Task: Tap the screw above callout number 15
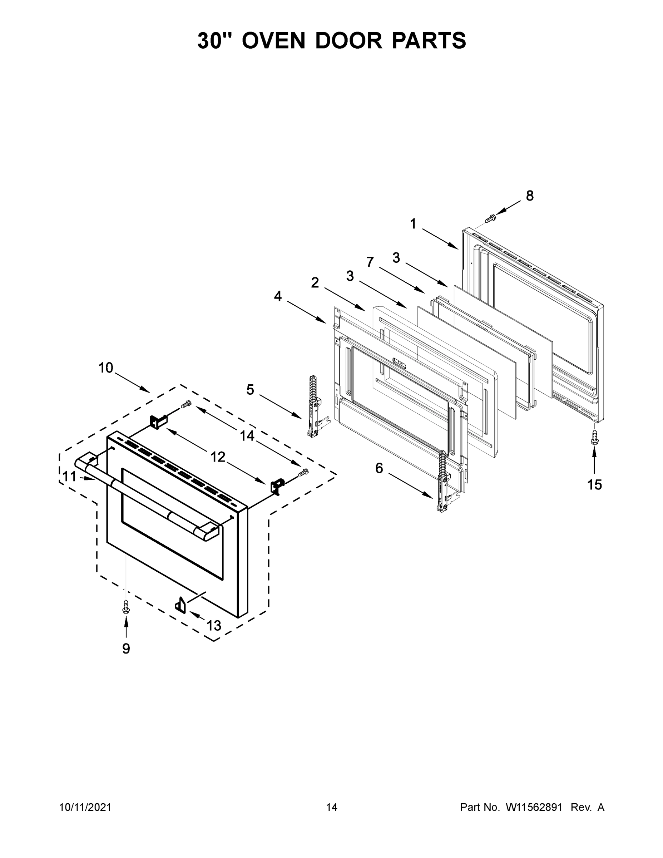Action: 594,438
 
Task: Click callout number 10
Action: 106,368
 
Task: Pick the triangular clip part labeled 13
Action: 180,604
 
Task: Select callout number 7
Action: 370,262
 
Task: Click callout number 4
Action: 278,296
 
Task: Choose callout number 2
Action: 315,282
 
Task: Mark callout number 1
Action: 413,224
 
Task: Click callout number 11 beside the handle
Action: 70,477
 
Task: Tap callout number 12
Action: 218,457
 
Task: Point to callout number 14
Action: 247,436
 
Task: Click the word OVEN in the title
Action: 273,40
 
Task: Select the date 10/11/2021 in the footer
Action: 85,807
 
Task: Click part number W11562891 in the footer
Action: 534,807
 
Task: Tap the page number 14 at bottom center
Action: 332,807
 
